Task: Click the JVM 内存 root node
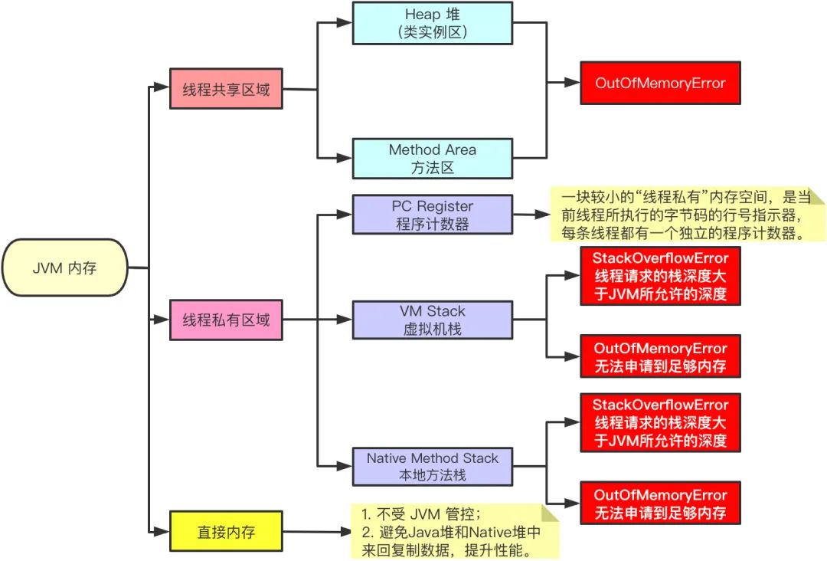tap(64, 267)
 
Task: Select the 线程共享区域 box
tap(226, 90)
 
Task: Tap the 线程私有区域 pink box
tap(226, 320)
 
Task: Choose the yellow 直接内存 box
tap(226, 530)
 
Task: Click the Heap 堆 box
tap(432, 23)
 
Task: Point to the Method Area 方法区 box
tap(432, 159)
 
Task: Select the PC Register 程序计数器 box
tap(432, 215)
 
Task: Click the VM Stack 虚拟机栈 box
tap(432, 320)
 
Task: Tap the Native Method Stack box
tap(432, 466)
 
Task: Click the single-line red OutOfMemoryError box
tap(660, 83)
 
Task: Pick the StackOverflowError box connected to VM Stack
tap(660, 275)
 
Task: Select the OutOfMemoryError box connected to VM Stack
tap(660, 356)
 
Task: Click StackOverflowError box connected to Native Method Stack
tap(660, 422)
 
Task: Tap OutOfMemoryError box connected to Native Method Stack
tap(660, 503)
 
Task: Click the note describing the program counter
tap(685, 215)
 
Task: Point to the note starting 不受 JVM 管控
tap(452, 530)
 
